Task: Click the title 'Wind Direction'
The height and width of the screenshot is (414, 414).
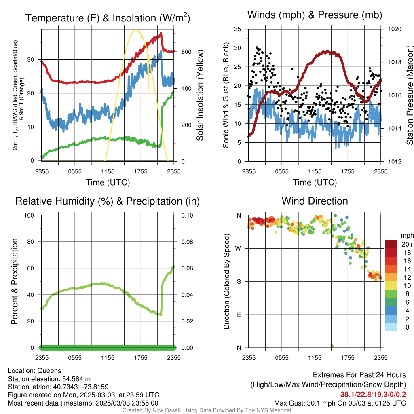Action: click(315, 201)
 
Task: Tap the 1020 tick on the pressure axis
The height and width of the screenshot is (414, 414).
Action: click(395, 29)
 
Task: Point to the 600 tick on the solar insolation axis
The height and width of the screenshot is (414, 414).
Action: click(186, 52)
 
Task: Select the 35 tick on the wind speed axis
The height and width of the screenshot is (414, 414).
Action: click(237, 29)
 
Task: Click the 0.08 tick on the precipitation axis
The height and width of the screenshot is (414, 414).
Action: click(187, 242)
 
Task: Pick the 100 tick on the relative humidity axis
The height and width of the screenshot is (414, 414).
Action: click(29, 215)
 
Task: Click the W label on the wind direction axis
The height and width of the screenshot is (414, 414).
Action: click(238, 249)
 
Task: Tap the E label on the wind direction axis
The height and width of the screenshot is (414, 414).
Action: click(239, 315)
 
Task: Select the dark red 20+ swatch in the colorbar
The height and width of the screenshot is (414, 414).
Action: click(391, 244)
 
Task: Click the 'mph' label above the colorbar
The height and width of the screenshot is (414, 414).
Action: click(407, 236)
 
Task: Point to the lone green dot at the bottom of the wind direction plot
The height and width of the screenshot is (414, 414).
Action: click(332, 346)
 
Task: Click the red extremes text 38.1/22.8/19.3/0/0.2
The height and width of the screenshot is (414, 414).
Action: click(373, 395)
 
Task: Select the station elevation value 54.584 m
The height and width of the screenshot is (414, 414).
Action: click(76, 379)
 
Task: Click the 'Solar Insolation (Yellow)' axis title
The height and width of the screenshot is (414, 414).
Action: click(200, 95)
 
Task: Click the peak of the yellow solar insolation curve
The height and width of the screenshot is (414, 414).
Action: click(136, 30)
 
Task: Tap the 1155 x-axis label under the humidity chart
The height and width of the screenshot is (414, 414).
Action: click(108, 358)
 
